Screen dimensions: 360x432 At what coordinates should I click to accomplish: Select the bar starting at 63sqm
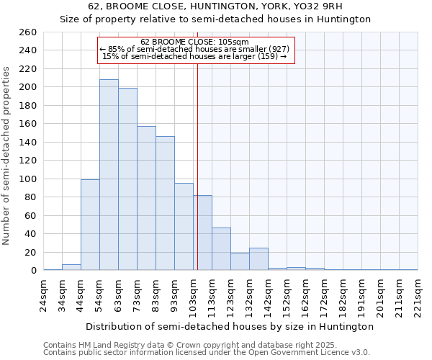point(127,179)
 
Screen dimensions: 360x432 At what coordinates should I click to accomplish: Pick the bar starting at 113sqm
point(221,249)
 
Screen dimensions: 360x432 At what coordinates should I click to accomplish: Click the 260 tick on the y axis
point(29,32)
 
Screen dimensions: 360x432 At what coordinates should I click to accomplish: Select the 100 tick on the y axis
point(29,179)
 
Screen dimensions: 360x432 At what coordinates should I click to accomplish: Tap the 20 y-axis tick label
point(31,252)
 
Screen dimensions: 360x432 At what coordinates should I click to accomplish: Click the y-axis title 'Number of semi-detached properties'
point(7,156)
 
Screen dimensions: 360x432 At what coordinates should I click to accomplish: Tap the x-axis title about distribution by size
point(230,326)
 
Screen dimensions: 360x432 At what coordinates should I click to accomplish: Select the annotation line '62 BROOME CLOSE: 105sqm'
point(195,42)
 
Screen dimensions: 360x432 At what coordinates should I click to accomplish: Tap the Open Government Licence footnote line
point(207,352)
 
